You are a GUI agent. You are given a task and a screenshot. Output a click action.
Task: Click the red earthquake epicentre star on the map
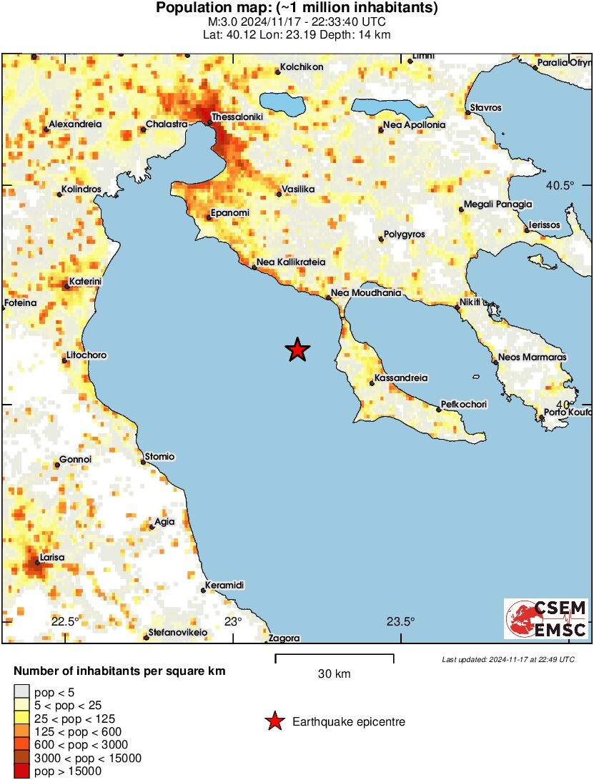(x=297, y=350)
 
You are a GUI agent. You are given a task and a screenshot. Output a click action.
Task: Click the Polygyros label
(x=405, y=234)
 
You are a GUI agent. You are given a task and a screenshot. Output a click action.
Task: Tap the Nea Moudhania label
(x=366, y=293)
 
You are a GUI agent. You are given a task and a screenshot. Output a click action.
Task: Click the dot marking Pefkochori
(x=439, y=410)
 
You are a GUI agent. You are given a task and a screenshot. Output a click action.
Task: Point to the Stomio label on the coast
(x=159, y=456)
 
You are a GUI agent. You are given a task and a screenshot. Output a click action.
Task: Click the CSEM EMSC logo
(x=547, y=618)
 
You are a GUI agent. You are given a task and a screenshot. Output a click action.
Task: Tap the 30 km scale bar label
(x=334, y=673)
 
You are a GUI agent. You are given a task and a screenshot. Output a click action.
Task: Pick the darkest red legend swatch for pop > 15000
(x=21, y=771)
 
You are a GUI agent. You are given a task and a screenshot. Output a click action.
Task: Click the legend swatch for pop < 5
(x=21, y=691)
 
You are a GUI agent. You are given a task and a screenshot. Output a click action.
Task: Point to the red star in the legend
(x=274, y=722)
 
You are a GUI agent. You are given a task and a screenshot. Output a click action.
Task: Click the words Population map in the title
(x=214, y=9)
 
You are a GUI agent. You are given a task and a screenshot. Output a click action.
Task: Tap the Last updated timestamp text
(x=508, y=659)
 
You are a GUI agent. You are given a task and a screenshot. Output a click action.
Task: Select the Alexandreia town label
(x=75, y=124)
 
